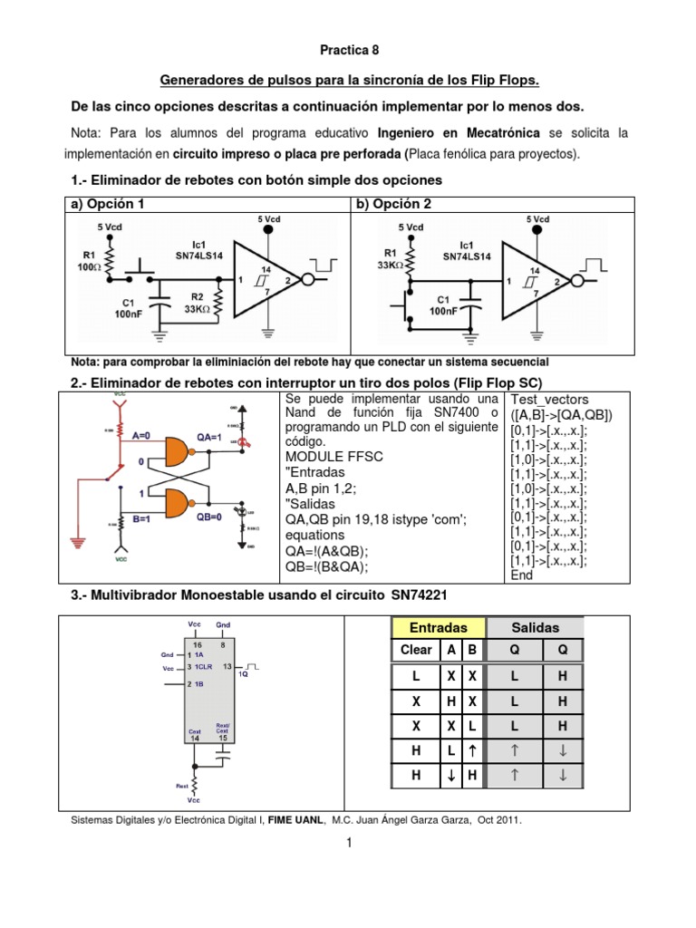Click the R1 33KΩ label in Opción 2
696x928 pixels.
click(390, 259)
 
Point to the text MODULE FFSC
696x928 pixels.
click(333, 456)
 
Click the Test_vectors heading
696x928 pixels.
click(550, 399)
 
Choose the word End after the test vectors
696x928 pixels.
click(522, 575)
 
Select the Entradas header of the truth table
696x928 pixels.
click(438, 627)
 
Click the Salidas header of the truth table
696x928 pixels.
click(536, 627)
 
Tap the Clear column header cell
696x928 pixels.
click(416, 650)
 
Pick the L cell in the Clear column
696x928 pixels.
click(416, 676)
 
